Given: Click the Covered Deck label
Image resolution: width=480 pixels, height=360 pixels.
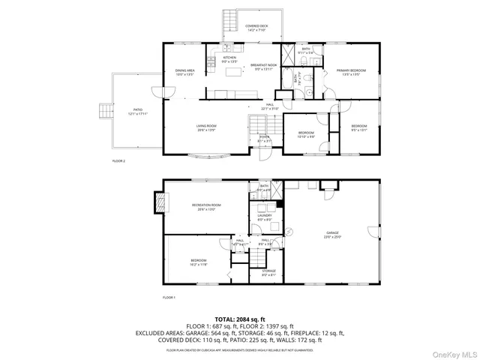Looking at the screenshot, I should click(x=256, y=28).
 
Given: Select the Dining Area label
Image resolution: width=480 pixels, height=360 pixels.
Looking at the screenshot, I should click(x=184, y=72).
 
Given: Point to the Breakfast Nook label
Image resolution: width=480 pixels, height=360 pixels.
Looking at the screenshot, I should click(x=261, y=66).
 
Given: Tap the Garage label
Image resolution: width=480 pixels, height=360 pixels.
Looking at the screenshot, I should click(x=333, y=234).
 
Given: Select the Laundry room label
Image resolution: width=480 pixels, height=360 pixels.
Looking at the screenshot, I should click(x=264, y=217).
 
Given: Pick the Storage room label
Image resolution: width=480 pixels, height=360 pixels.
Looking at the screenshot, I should click(x=268, y=272).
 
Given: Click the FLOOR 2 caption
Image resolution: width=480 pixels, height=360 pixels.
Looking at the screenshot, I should click(x=118, y=161).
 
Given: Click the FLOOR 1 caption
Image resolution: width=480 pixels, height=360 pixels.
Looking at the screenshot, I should click(x=169, y=298).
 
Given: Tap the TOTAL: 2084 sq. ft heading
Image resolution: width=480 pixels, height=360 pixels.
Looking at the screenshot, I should click(x=239, y=319).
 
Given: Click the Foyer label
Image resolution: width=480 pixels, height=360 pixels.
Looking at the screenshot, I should click(x=265, y=138).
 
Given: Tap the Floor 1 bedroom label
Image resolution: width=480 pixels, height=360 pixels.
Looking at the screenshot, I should click(x=198, y=262).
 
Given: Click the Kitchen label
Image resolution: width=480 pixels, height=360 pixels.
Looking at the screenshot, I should click(x=229, y=59).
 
